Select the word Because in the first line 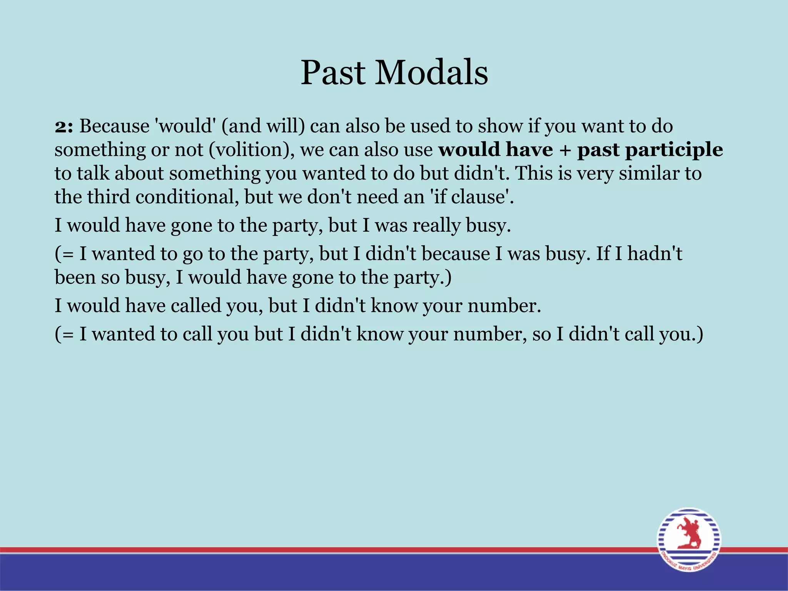point(114,126)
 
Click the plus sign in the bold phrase point(565,150)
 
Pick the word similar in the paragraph point(648,173)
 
